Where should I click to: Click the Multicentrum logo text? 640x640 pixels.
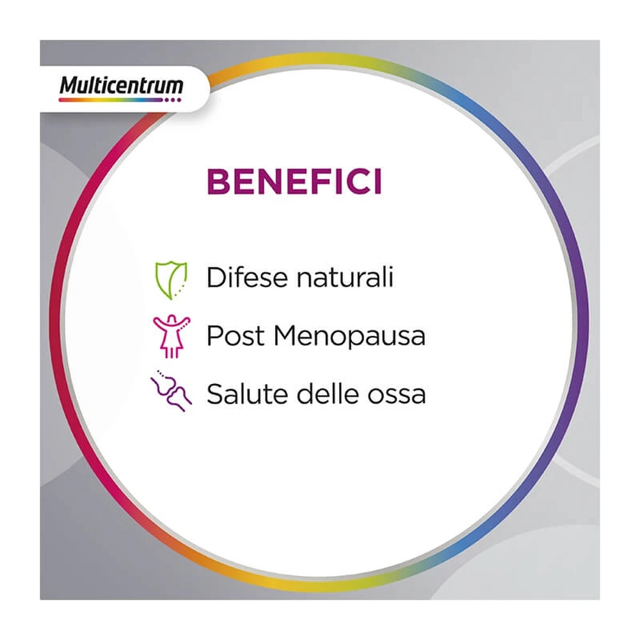click(x=121, y=85)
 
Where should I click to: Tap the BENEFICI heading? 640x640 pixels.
click(x=294, y=182)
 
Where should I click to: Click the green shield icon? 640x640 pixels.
click(x=171, y=280)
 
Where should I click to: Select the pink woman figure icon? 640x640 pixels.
click(x=172, y=337)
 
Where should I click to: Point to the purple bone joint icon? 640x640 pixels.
click(x=171, y=391)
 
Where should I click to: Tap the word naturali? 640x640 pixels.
click(x=345, y=278)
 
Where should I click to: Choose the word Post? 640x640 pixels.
click(x=236, y=336)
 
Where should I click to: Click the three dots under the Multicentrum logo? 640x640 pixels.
click(x=172, y=100)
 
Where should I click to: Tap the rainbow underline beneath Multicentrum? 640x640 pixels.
click(x=111, y=100)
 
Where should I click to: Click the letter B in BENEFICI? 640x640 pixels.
click(x=218, y=182)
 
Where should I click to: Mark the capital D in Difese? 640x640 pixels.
click(x=216, y=278)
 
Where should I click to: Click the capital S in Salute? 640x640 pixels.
click(x=216, y=394)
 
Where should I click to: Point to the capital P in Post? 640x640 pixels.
click(x=215, y=336)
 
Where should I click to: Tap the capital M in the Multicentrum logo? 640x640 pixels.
click(x=69, y=85)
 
